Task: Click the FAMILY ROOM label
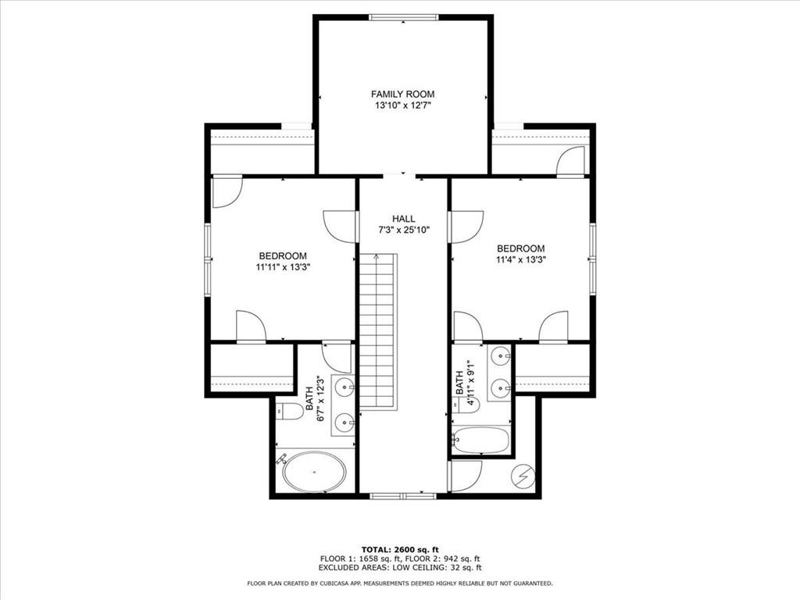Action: tap(402, 95)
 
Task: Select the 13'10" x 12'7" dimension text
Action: tap(402, 107)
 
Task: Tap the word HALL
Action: tap(403, 219)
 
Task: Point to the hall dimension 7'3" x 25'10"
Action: tap(403, 230)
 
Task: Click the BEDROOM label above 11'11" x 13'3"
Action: tap(282, 255)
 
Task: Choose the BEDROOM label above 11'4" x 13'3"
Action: tap(520, 248)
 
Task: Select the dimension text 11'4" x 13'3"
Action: tap(520, 260)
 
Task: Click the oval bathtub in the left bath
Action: tap(314, 472)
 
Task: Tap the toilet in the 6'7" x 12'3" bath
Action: tap(288, 412)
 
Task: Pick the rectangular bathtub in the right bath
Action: tap(480, 440)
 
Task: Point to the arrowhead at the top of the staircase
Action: tap(377, 256)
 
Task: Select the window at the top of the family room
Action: tap(402, 17)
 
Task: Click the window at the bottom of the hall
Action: tap(402, 495)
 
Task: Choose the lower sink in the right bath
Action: tap(501, 385)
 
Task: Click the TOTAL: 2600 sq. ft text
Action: tap(399, 548)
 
